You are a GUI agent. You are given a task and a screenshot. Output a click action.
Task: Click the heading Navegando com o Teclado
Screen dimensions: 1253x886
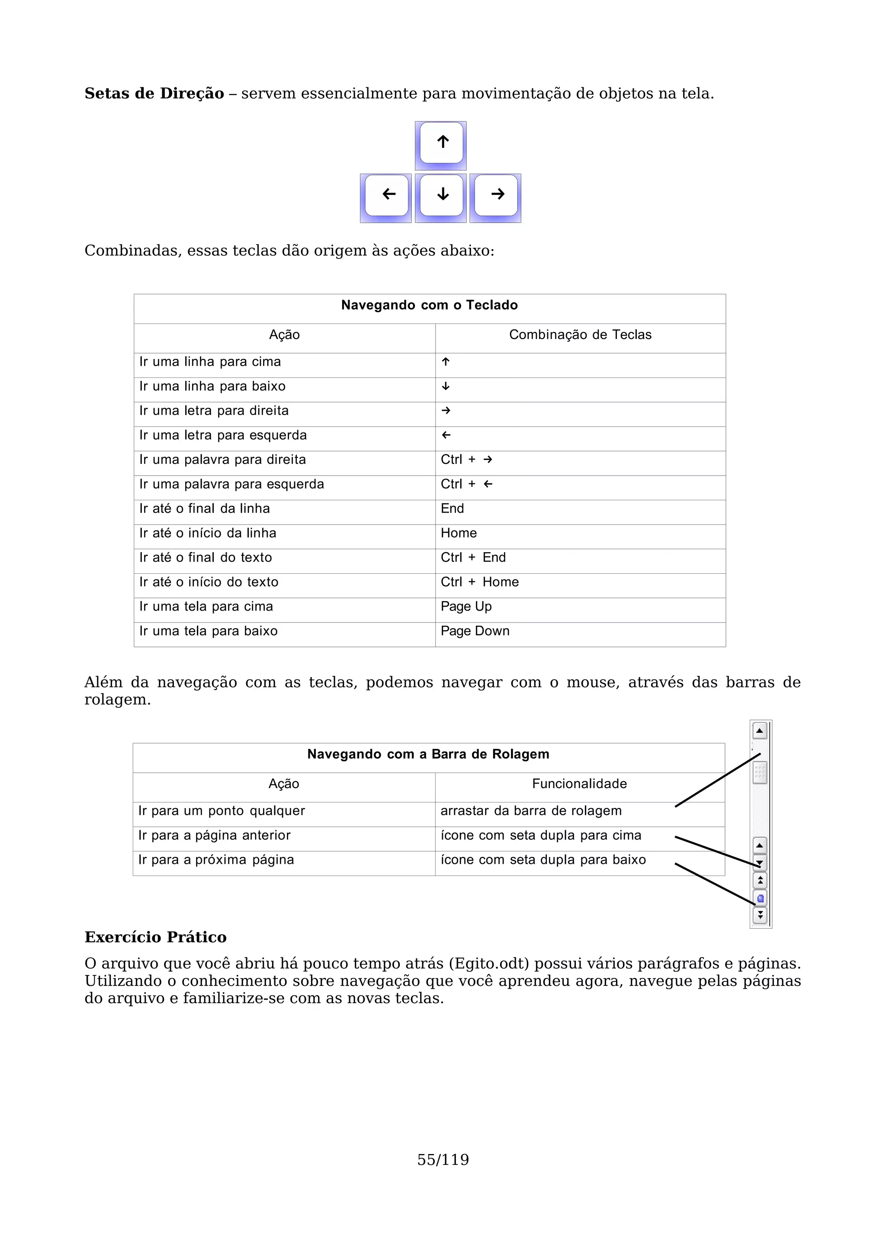429,305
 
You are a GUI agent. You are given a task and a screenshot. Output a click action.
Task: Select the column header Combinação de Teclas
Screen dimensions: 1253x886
580,335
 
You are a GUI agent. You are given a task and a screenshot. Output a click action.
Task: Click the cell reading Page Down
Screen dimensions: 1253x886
475,631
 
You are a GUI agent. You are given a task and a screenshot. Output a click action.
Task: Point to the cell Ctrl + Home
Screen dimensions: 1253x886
479,582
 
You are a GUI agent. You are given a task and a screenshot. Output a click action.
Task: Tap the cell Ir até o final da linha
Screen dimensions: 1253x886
205,508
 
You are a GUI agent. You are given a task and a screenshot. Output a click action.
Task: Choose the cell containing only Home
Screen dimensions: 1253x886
459,533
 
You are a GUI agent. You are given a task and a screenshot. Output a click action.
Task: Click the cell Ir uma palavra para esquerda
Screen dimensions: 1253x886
231,484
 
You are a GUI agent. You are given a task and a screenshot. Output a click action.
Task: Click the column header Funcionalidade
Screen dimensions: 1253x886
579,784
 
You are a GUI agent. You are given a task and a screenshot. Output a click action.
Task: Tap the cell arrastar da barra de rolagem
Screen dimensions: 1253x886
531,811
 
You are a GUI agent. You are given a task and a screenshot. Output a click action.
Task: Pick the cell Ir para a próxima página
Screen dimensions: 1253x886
216,860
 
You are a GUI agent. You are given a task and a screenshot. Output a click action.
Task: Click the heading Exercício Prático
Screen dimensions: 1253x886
156,937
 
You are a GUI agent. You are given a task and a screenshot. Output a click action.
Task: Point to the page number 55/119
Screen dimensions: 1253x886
443,1160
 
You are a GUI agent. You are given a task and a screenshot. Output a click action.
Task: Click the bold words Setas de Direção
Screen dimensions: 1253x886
154,94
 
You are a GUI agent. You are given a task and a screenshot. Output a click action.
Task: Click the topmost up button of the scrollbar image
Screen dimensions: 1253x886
759,731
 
